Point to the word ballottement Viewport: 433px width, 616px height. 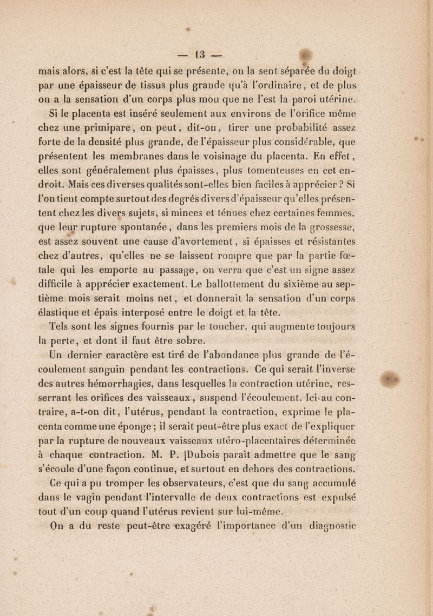[240, 280]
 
